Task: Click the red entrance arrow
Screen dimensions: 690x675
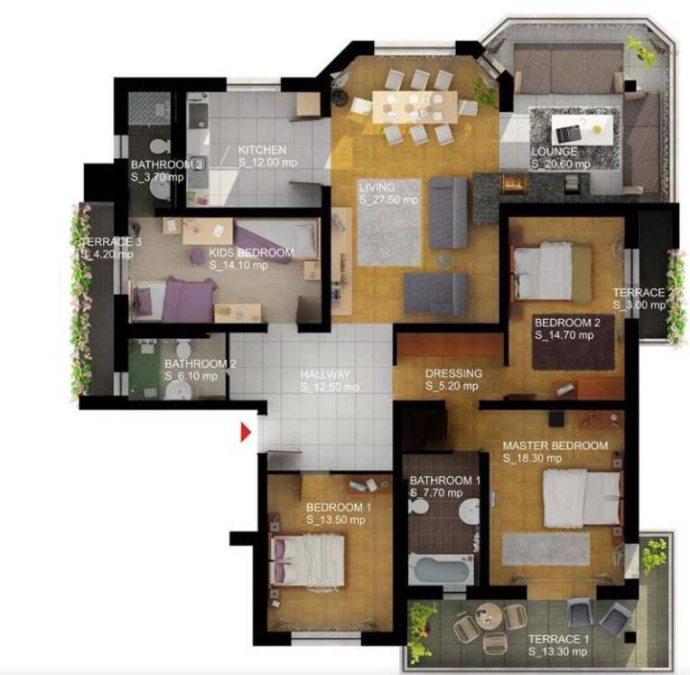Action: [245, 433]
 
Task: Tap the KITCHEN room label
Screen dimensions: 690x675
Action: [262, 150]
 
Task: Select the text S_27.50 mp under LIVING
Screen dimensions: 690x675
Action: [388, 200]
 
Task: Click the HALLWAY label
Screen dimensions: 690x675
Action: [325, 374]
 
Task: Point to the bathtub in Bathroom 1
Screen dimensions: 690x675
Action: [441, 569]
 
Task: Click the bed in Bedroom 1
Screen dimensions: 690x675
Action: [308, 560]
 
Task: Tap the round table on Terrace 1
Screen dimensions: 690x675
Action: [489, 616]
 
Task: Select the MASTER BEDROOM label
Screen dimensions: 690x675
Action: [555, 445]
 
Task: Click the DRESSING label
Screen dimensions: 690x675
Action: [453, 373]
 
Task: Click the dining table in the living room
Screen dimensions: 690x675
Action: [415, 107]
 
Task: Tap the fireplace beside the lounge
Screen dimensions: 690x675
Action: [513, 183]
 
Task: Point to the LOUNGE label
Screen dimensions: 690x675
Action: [554, 152]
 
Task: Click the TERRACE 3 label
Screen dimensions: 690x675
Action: [111, 242]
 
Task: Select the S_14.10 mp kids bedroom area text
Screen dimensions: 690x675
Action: [238, 265]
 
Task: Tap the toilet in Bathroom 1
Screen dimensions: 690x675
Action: [418, 506]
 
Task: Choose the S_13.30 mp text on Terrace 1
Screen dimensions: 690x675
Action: [557, 652]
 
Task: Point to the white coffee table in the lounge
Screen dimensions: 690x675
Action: [583, 129]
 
